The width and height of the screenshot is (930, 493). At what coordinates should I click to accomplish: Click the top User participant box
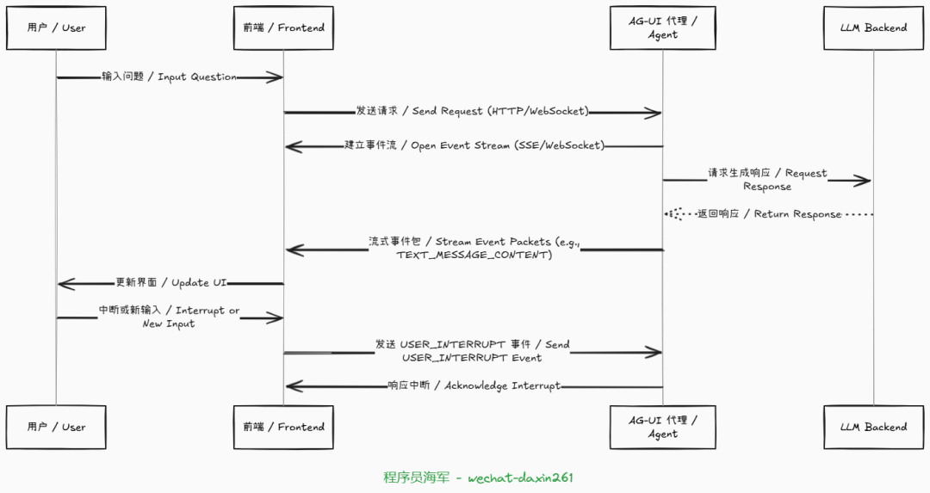[56, 28]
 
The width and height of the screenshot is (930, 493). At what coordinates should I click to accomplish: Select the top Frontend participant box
[283, 28]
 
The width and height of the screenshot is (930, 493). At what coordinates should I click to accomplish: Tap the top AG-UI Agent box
[662, 28]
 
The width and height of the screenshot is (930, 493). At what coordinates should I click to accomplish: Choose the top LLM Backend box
[873, 28]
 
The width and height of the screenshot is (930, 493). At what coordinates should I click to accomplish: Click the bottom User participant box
[56, 427]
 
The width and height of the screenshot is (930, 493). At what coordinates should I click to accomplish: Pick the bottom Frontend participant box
[283, 427]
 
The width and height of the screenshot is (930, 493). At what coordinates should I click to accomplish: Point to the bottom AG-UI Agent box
[662, 427]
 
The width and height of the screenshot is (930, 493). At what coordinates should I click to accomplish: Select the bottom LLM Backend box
[873, 427]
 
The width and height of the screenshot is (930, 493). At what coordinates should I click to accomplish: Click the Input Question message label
[169, 77]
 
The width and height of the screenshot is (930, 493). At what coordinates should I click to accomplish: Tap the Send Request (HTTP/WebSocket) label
[473, 111]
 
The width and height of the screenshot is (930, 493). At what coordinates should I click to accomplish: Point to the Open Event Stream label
[474, 145]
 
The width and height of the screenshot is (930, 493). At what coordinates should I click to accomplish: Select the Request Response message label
[767, 179]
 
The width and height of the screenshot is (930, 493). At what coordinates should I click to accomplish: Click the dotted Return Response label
[769, 213]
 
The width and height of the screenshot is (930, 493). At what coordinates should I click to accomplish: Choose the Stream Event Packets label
[474, 248]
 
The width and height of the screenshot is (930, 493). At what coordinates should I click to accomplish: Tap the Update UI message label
[171, 282]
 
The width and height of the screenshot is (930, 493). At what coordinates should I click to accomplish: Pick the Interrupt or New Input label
[169, 317]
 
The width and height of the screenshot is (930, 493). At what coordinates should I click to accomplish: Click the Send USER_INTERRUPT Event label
[472, 350]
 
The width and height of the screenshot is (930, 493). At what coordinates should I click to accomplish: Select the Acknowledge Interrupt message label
[474, 385]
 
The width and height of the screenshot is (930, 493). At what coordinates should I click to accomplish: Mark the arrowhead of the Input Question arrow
[276, 77]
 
